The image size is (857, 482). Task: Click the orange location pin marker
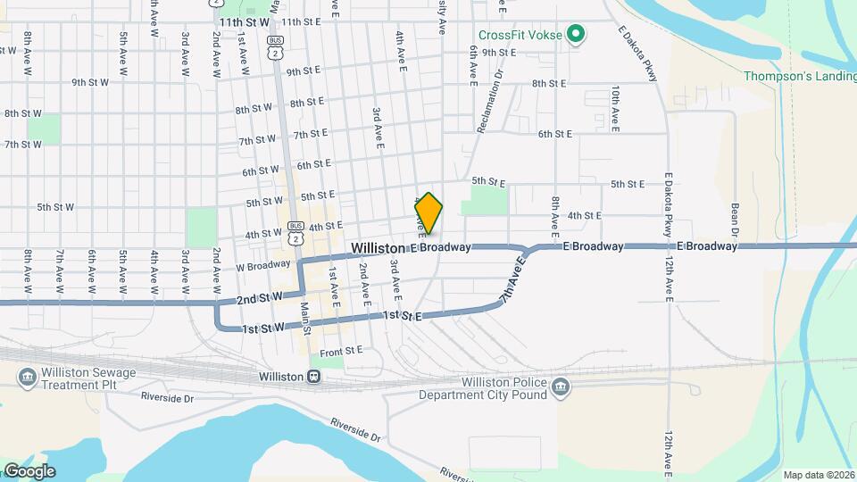coord(428,213)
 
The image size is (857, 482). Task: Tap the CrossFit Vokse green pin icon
coord(577,35)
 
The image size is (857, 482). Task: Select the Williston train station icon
coord(314,376)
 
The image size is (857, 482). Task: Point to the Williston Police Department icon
coord(561,386)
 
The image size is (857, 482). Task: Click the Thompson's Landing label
coord(800,76)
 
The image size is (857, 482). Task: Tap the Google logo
coord(29,471)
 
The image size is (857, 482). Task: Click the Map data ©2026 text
coord(819,475)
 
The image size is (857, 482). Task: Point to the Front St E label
coord(342,351)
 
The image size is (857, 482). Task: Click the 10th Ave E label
coord(615,110)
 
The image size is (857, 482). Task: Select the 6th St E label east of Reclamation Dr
coord(554,134)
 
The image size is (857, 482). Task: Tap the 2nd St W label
coord(259,297)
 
